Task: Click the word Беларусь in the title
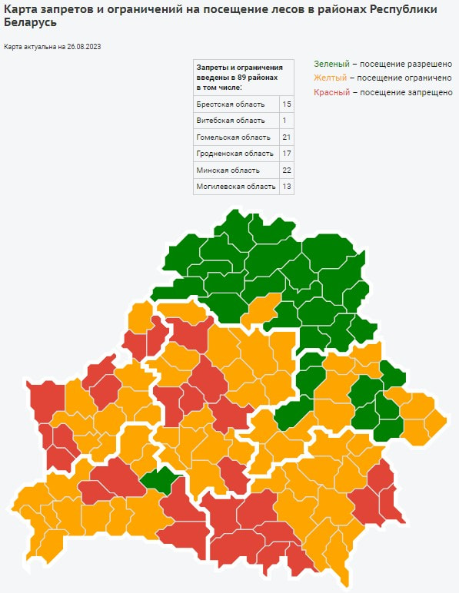pyautogui.click(x=29, y=22)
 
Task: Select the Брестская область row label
pyautogui.click(x=231, y=104)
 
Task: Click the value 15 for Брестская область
pyautogui.click(x=287, y=104)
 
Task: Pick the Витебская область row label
pyautogui.click(x=231, y=121)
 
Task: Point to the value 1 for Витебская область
pyautogui.click(x=284, y=121)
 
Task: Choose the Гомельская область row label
pyautogui.click(x=234, y=137)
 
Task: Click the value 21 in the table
pyautogui.click(x=287, y=137)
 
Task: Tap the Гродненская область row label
pyautogui.click(x=235, y=154)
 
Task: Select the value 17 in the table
pyautogui.click(x=287, y=154)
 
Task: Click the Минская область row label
pyautogui.click(x=228, y=170)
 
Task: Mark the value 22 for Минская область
pyautogui.click(x=287, y=170)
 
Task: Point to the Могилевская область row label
pyautogui.click(x=236, y=187)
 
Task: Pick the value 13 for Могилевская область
pyautogui.click(x=287, y=187)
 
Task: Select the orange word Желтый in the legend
pyautogui.click(x=331, y=78)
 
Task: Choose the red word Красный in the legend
pyautogui.click(x=332, y=92)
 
